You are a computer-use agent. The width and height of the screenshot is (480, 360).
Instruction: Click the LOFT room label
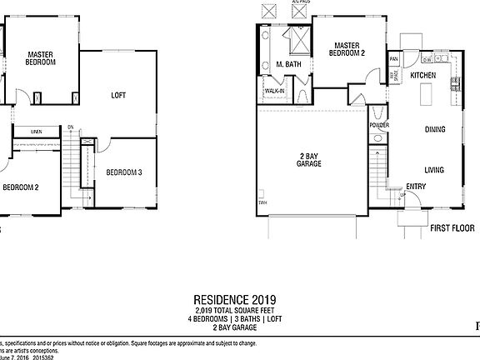coord(119,96)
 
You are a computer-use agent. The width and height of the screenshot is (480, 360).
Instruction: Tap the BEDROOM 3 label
coord(123,172)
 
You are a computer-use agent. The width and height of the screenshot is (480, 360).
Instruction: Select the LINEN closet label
coord(37,132)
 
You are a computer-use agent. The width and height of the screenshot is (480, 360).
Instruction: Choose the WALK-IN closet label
coord(274,90)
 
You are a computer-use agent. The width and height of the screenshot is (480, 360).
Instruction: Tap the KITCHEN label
coord(424,76)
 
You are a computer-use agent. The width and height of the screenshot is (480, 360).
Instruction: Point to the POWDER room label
coord(379,125)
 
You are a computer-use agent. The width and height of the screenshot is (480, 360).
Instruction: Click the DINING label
coord(435,130)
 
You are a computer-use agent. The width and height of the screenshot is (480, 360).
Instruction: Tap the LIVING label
coord(434,170)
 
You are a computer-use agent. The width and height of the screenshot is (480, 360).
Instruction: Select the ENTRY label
coord(415,187)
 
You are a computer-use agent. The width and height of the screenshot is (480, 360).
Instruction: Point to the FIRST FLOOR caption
coord(452,227)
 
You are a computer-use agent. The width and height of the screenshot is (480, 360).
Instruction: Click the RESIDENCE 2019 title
coord(235,299)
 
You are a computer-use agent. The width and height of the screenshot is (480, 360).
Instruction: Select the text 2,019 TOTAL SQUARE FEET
coord(235,311)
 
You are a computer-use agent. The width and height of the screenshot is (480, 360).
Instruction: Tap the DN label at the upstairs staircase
coord(71,127)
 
